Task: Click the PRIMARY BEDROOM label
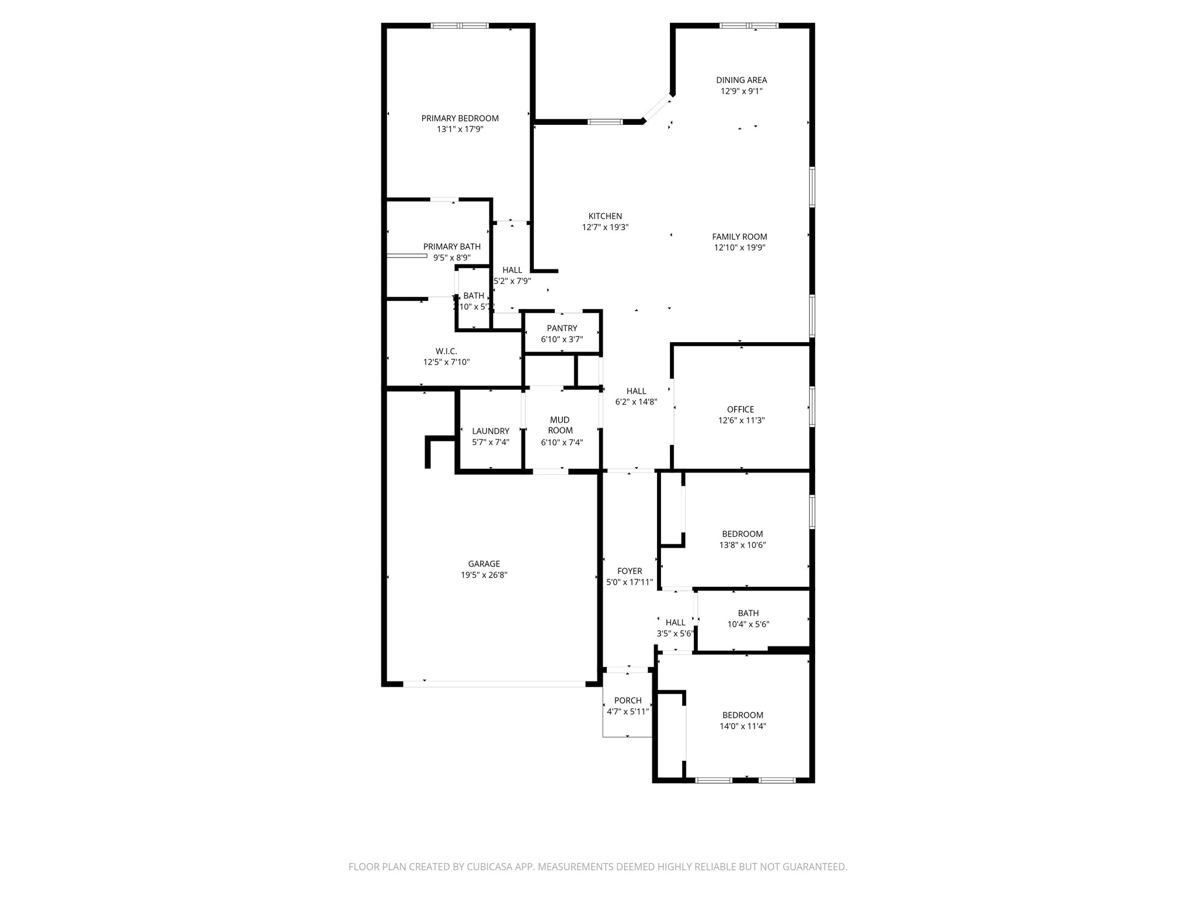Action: [460, 119]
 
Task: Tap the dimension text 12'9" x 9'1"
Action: [741, 91]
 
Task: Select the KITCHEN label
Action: [605, 216]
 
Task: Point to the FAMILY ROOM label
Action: [739, 237]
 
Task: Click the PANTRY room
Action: [562, 333]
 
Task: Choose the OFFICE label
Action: [740, 409]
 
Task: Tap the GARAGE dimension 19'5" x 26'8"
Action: [484, 575]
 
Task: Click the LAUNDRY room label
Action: [491, 431]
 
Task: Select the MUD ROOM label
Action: [559, 425]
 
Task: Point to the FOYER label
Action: [630, 571]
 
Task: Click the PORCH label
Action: [628, 700]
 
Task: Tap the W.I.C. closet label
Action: [446, 351]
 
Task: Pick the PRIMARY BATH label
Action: [452, 246]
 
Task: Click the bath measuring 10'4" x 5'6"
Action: [748, 618]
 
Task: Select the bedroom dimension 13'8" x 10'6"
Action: [742, 545]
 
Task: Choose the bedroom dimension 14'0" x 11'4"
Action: [742, 726]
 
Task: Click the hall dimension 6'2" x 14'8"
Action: [636, 402]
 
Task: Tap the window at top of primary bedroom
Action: [460, 26]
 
